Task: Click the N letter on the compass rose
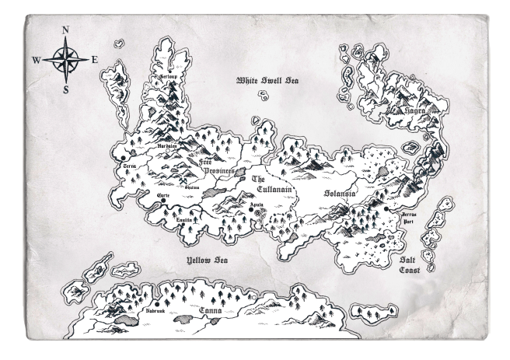tap(65, 31)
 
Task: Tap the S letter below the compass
tap(65, 89)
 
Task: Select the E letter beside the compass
tap(94, 59)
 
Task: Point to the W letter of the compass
tap(37, 59)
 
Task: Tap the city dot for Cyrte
tap(163, 201)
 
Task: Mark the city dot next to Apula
tap(250, 210)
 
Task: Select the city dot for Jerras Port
tap(386, 209)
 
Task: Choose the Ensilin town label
tap(185, 220)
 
